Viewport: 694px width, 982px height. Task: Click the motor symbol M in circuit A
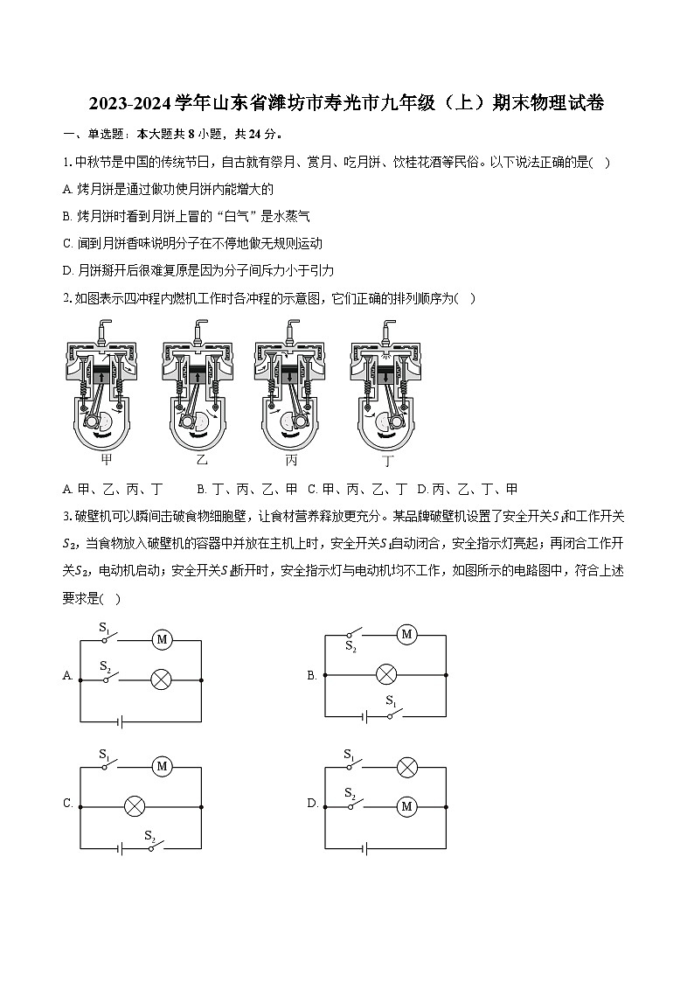click(x=162, y=640)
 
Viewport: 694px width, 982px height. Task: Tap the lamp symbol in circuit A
click(x=161, y=679)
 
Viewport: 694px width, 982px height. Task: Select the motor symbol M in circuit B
click(x=406, y=635)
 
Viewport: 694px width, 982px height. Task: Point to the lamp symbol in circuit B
click(x=385, y=675)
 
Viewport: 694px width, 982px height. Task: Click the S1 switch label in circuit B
click(x=392, y=701)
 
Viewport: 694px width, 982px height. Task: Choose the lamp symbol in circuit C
click(x=134, y=806)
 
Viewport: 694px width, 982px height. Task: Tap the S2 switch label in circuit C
click(x=150, y=835)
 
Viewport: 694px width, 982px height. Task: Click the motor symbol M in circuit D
click(x=406, y=806)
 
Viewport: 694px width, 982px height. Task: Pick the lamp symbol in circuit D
click(x=406, y=767)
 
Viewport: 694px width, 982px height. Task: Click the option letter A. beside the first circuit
click(x=67, y=676)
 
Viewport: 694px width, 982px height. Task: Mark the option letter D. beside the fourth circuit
click(x=312, y=803)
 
